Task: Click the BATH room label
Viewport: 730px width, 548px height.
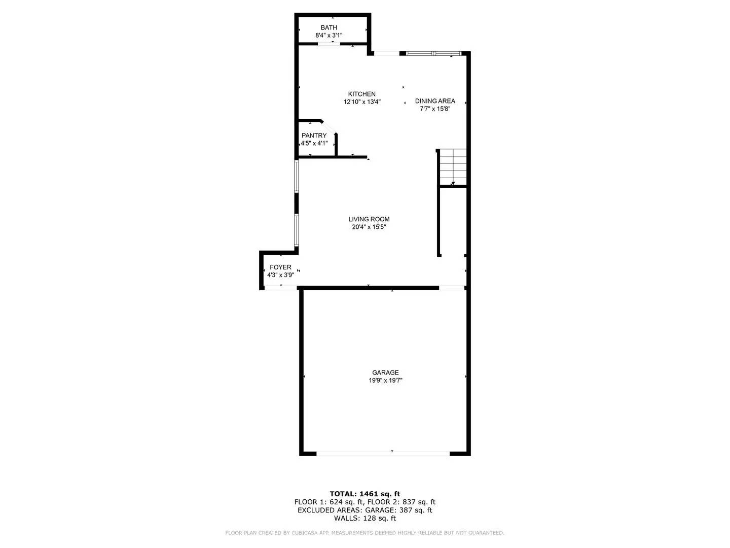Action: point(328,27)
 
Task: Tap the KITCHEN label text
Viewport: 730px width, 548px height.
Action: point(361,94)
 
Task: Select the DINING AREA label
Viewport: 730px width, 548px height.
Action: point(435,101)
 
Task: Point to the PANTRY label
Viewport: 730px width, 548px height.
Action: point(314,135)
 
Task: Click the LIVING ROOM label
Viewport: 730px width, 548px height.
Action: point(369,219)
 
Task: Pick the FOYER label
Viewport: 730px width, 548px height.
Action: point(280,267)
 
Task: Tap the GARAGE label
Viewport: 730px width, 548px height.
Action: point(385,372)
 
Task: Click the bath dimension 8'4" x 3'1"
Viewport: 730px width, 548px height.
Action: point(328,36)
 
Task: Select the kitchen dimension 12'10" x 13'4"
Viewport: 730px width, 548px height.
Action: point(361,102)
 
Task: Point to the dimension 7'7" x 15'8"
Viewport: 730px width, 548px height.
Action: point(435,109)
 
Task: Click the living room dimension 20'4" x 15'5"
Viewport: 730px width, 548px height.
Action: point(369,227)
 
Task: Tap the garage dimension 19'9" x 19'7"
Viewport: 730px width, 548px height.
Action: point(385,381)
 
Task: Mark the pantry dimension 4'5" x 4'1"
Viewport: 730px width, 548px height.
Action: point(314,143)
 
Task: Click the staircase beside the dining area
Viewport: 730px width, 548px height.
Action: point(453,166)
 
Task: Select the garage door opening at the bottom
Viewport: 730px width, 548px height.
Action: point(383,453)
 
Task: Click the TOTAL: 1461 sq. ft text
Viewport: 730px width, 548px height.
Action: point(364,494)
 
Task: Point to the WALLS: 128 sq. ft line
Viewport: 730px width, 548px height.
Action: point(364,519)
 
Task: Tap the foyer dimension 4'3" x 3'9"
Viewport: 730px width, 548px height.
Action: point(280,275)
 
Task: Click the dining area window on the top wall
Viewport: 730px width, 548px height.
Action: point(433,53)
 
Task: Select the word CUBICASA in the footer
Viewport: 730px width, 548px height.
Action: point(304,533)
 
